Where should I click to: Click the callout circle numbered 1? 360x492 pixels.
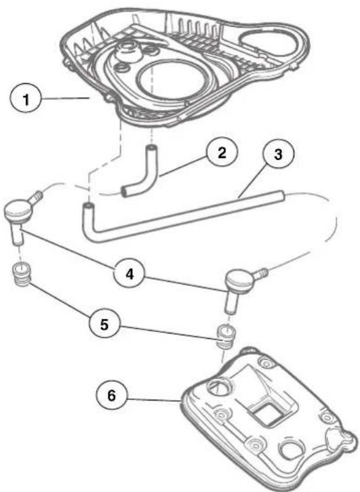[26, 100]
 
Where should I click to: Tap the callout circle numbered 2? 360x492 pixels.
[222, 152]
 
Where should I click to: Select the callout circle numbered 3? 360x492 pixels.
[278, 155]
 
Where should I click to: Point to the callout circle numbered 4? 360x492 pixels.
[129, 274]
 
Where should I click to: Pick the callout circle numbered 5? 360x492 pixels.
[104, 323]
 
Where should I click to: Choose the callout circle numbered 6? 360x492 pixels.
[112, 395]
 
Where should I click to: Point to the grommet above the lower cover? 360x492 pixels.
[226, 336]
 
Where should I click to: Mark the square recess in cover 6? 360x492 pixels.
[269, 414]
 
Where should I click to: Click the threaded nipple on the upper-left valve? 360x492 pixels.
[37, 197]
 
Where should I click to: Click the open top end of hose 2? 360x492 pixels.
[152, 147]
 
